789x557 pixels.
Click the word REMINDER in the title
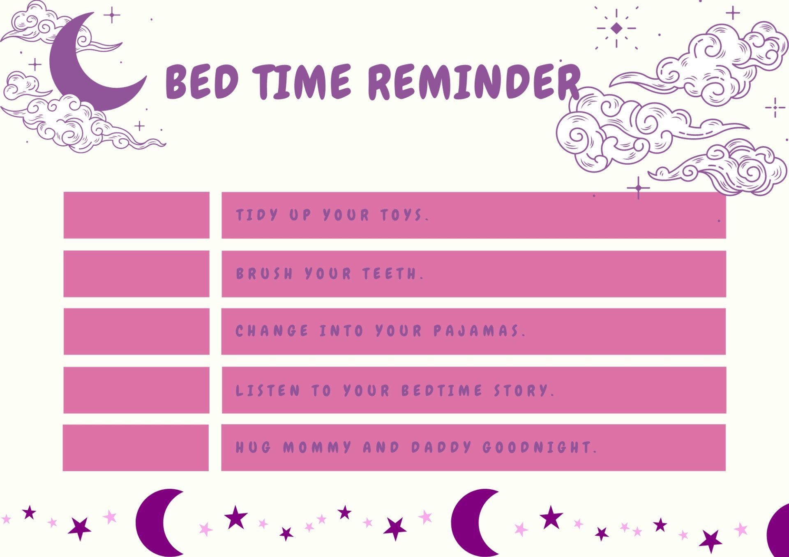(473, 82)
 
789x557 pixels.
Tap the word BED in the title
(201, 82)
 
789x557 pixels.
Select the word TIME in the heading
(302, 82)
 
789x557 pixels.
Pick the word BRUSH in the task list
(264, 273)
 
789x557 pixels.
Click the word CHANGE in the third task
(272, 331)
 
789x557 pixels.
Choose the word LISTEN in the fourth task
(268, 390)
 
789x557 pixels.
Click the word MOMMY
(317, 447)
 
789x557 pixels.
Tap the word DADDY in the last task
(441, 447)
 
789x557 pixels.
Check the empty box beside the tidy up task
(136, 215)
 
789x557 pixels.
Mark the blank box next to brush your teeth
(136, 274)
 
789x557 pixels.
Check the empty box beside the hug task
(136, 448)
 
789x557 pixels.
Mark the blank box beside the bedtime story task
(136, 390)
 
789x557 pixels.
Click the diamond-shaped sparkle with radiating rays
(616, 28)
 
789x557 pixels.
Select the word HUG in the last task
(253, 447)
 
